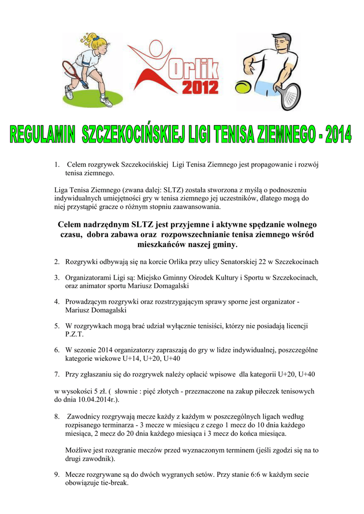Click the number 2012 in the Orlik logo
coord(200,88)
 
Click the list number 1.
coord(57,165)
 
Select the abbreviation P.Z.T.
coord(75,334)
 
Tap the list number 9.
coord(57,474)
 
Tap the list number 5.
coord(57,326)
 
